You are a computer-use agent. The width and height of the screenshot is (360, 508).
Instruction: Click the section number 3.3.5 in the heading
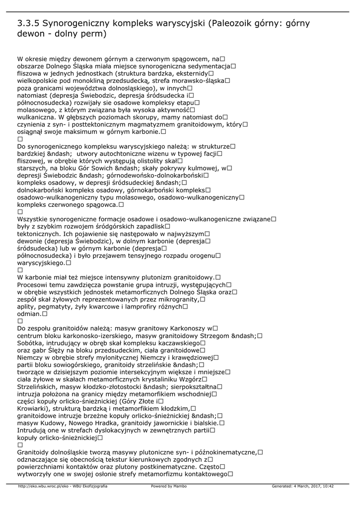pyautogui.click(x=28, y=23)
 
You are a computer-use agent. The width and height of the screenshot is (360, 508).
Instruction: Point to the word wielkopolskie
pyautogui.click(x=40, y=80)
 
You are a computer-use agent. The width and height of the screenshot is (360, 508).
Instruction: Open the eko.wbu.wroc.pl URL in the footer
pyautogui.click(x=63, y=486)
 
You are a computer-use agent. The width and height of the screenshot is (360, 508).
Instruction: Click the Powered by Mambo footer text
pyautogui.click(x=169, y=486)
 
